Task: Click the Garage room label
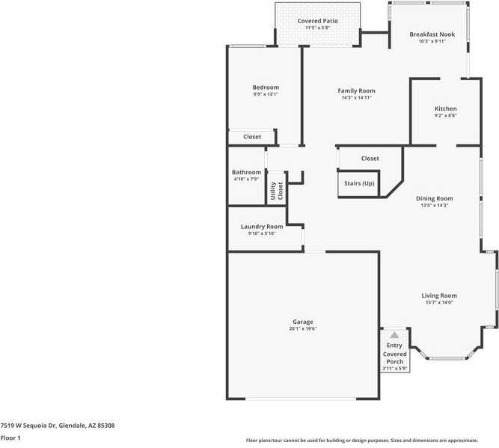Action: click(302, 322)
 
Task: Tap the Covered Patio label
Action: click(317, 21)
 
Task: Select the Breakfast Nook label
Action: click(432, 34)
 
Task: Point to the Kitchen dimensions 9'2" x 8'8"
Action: click(445, 116)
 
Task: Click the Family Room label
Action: click(356, 90)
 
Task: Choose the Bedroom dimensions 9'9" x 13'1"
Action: click(266, 94)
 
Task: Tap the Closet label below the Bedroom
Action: click(252, 137)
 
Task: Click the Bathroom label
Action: click(246, 172)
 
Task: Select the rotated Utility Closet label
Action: click(277, 190)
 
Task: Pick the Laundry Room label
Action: click(262, 227)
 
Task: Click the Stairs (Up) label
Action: click(359, 183)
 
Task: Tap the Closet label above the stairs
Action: click(370, 159)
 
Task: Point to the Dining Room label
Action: click(434, 198)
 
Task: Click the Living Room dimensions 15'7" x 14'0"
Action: click(438, 302)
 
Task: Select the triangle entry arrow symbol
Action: click(394, 335)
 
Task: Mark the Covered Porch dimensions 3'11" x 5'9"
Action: click(394, 368)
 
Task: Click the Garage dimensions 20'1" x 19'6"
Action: click(302, 329)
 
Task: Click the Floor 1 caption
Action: click(10, 438)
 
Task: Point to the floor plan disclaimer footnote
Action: click(372, 441)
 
